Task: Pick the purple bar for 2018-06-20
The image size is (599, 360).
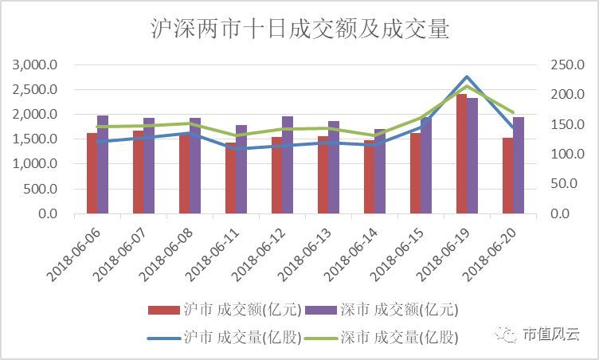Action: click(x=519, y=166)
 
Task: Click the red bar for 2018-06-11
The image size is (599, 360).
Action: click(x=230, y=178)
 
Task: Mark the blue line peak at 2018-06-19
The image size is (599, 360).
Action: click(x=467, y=77)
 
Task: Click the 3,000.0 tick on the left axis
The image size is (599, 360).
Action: click(x=36, y=65)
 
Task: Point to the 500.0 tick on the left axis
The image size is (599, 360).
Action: click(x=41, y=190)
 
